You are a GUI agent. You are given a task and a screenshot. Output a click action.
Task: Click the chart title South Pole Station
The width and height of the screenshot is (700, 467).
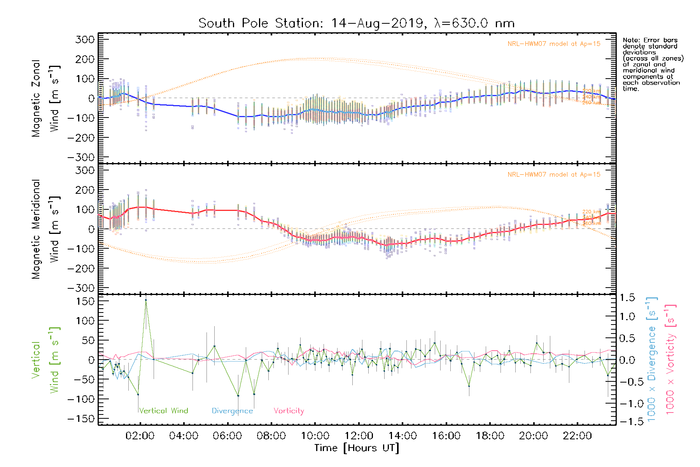pos(356,23)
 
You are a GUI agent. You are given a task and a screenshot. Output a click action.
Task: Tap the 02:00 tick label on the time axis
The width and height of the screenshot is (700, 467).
pos(140,436)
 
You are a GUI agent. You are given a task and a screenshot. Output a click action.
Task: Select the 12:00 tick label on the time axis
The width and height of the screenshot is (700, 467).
pos(359,436)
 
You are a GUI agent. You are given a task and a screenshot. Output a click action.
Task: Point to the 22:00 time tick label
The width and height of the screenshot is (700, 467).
pos(577,436)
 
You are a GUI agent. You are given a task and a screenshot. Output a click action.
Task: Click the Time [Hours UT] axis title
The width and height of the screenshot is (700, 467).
pos(357,448)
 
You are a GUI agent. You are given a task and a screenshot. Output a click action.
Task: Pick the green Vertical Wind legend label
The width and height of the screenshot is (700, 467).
pos(163,411)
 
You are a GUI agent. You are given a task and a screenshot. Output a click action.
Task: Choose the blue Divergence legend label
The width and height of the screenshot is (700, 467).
pos(232,411)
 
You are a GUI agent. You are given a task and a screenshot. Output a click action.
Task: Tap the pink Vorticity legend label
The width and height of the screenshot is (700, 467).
pos(289,411)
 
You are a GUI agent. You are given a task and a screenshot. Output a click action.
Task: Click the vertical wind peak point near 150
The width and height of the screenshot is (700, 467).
pos(146,300)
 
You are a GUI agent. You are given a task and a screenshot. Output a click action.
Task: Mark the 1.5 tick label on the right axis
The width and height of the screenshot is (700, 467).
pos(627,298)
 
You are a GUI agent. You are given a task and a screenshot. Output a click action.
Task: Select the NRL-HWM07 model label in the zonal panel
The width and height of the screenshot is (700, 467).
pos(554,44)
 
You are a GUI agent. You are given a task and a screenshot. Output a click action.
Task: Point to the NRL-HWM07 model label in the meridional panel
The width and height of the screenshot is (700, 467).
pos(554,175)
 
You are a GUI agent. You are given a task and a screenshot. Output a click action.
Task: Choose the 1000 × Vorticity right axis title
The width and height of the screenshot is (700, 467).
pos(670,359)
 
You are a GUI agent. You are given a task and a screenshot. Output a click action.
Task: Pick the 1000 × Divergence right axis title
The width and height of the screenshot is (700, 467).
pos(652,359)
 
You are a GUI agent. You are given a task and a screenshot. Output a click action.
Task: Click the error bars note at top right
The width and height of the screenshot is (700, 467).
pos(653,64)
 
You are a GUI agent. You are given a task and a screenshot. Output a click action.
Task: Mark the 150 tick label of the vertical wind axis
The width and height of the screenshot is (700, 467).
pos(86,301)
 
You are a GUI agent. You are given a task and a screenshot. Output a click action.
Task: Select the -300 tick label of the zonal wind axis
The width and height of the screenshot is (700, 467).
pos(81,157)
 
